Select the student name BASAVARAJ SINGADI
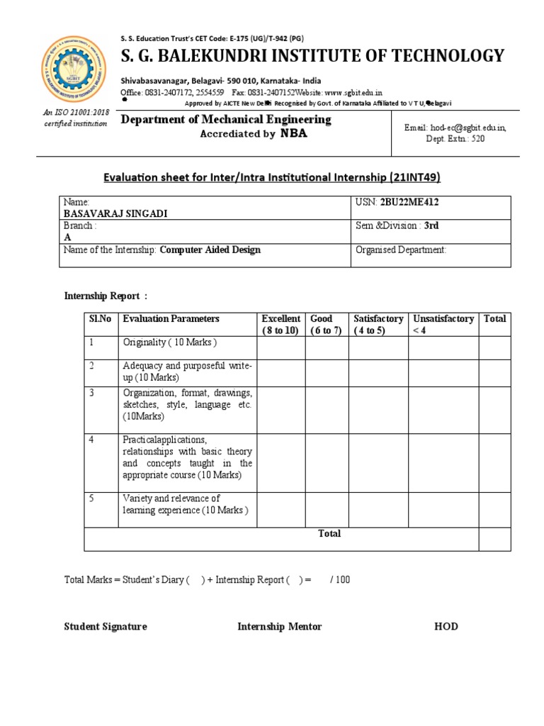(x=113, y=214)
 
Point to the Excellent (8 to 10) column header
(x=280, y=325)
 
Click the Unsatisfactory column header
(x=443, y=325)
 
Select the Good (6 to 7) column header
(x=326, y=325)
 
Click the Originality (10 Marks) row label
(x=169, y=342)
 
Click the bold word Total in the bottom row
(x=329, y=533)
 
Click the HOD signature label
(x=446, y=626)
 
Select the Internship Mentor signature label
(x=279, y=626)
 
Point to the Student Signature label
(x=106, y=626)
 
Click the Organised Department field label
(x=400, y=250)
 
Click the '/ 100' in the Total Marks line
(x=340, y=580)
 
